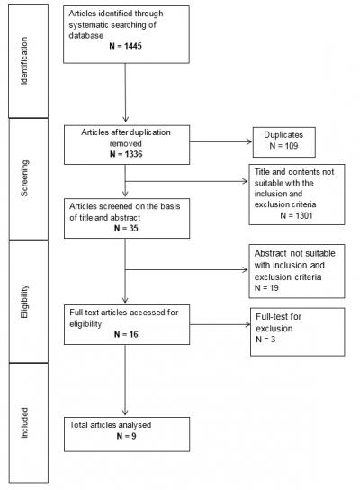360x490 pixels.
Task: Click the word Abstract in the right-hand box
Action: pos(270,254)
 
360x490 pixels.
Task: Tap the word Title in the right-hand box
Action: pos(265,181)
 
